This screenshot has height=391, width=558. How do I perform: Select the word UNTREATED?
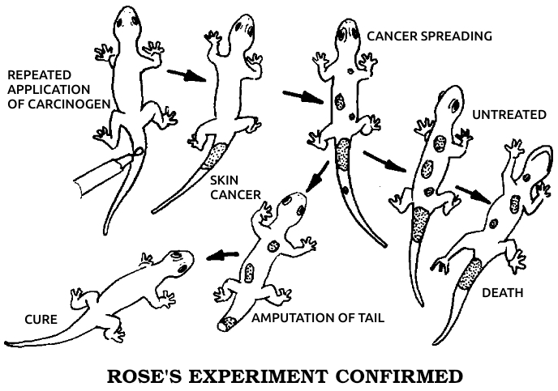(x=509, y=115)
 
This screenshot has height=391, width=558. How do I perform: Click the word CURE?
(x=40, y=319)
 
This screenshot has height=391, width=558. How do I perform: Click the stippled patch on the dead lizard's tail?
(x=469, y=273)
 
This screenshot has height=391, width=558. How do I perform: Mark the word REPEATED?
(x=36, y=74)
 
